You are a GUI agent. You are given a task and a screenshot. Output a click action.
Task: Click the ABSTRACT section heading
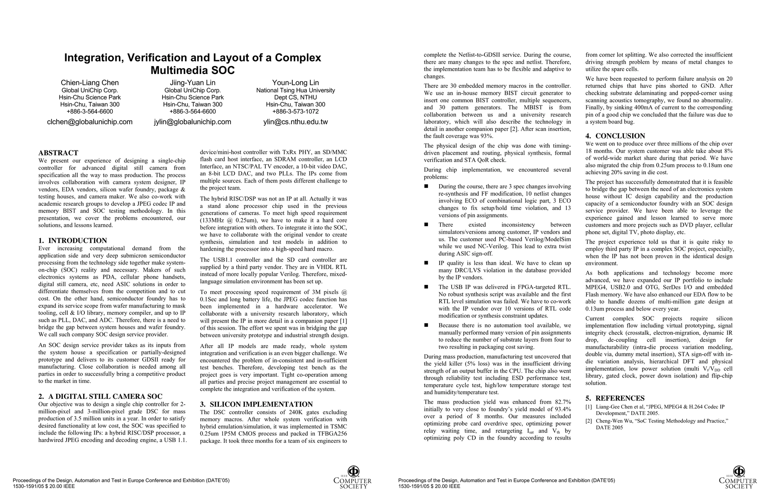58,153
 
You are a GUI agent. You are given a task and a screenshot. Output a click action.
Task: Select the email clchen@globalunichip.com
90,122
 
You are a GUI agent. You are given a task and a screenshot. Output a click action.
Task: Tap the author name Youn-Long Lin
295,83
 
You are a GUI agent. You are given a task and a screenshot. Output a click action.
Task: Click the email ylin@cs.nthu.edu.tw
295,122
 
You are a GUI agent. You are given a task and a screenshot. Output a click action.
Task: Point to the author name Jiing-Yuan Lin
193,83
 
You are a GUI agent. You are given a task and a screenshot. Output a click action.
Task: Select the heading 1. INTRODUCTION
72,241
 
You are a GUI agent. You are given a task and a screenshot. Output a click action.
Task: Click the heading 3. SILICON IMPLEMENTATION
256,404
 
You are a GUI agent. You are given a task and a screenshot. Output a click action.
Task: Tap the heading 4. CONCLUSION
615,136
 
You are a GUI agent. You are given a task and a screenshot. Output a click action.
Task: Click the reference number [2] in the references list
588,421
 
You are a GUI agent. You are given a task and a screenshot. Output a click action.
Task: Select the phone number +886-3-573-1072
295,111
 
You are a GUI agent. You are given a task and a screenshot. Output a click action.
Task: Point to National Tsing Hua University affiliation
295,90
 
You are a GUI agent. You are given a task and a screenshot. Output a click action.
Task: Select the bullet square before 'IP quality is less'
426,263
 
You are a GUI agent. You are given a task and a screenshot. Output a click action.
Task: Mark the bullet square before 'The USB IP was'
426,287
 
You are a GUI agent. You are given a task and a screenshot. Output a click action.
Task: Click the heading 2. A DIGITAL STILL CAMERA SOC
100,397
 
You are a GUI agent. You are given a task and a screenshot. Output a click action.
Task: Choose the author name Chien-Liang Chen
90,83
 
